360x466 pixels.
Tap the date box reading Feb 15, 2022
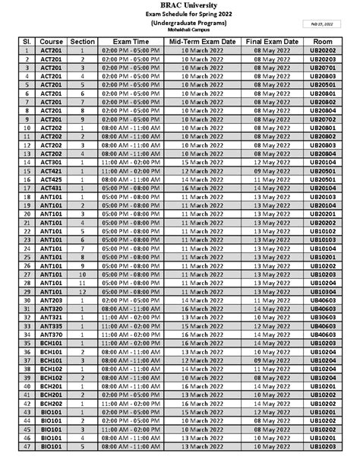tap(322, 24)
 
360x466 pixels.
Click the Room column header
tap(323, 40)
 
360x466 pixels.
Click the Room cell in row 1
tap(323, 49)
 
